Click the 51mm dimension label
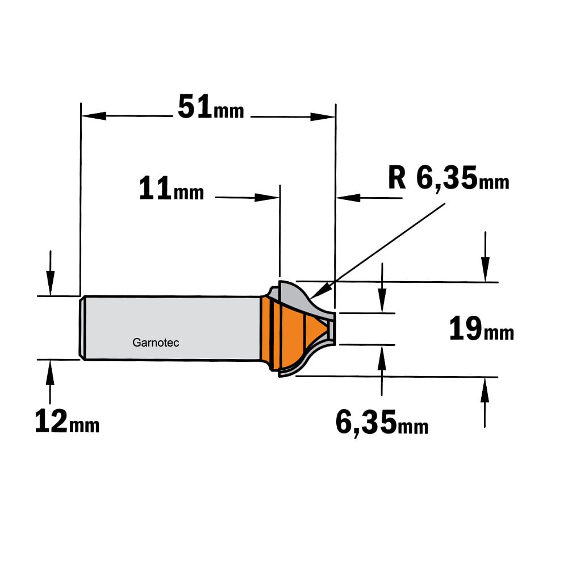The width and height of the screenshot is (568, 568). click(x=211, y=107)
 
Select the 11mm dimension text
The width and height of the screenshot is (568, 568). click(x=172, y=189)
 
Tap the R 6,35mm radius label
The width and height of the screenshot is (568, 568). click(x=449, y=178)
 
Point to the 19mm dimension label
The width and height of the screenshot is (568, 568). click(x=482, y=328)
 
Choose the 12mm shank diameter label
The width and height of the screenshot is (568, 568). click(x=67, y=421)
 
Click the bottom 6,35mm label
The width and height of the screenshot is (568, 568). click(x=382, y=423)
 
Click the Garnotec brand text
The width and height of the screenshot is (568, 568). click(x=156, y=343)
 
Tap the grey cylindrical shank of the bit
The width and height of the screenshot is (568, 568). click(x=170, y=328)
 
